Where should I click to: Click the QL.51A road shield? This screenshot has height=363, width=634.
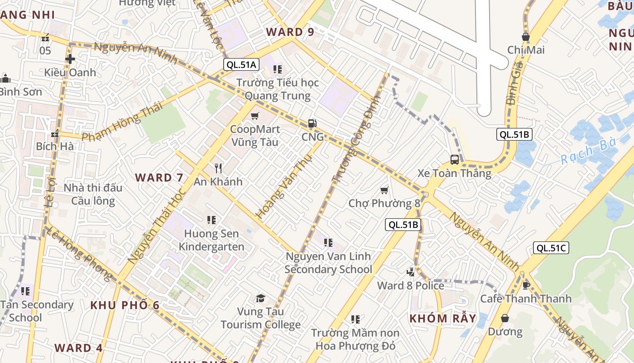241,64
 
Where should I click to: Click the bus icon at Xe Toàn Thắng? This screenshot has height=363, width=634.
454,159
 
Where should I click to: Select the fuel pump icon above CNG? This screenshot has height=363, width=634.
312,123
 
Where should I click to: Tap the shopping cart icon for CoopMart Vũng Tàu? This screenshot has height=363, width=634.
255,116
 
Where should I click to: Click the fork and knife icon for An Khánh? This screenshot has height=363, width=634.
218,168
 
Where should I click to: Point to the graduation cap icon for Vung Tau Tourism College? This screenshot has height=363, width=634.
260,298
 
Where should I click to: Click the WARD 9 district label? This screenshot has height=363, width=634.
290,32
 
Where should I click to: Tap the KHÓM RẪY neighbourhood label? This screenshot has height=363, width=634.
442,319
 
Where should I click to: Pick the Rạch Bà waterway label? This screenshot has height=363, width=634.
588,152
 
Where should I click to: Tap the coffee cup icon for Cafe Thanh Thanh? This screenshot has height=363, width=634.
526,285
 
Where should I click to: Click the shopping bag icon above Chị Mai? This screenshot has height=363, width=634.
525,37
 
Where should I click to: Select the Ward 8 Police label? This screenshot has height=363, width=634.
410,285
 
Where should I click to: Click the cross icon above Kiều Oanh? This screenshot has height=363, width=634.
70,59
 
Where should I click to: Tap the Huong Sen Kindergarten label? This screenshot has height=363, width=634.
211,240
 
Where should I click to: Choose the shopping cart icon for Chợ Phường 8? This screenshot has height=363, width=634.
384,190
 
